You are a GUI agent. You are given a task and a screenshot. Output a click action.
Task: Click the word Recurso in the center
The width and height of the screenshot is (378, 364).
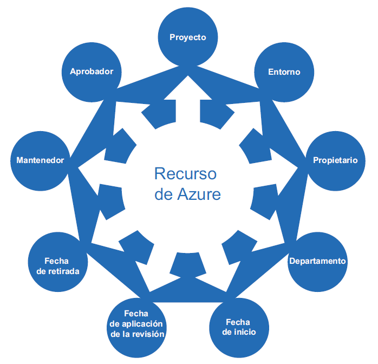185,174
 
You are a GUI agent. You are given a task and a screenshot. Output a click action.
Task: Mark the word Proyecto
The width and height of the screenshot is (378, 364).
187,37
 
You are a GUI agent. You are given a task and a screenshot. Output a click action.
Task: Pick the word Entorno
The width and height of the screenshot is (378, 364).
284,72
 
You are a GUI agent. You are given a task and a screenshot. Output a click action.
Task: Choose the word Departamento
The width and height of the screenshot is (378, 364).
317,261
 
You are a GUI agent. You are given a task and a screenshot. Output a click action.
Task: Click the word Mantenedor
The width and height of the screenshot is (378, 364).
40,160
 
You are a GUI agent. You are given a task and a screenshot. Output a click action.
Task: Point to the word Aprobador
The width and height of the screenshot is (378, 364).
91,71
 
